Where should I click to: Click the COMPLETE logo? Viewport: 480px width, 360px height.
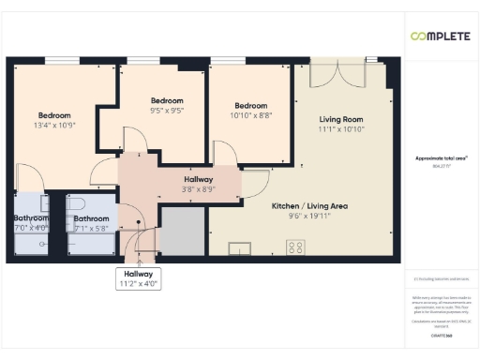(x=441, y=37)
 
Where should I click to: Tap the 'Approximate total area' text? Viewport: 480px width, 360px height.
(x=441, y=158)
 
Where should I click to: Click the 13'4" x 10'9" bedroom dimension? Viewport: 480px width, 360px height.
(x=54, y=125)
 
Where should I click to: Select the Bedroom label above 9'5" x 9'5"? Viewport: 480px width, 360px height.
(x=167, y=100)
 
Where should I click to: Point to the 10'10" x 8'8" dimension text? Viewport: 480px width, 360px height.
(x=250, y=115)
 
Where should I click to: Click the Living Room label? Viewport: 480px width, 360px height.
(x=341, y=119)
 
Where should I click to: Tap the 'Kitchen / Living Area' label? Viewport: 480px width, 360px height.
(x=304, y=205)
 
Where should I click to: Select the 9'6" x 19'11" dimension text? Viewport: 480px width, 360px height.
(x=304, y=215)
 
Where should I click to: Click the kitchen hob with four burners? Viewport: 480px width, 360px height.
(x=296, y=247)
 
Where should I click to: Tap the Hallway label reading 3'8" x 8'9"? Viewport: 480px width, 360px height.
(x=198, y=184)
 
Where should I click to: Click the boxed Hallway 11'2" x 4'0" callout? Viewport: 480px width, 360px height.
(x=132, y=278)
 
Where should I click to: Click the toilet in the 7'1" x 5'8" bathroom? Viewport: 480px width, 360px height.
(x=78, y=202)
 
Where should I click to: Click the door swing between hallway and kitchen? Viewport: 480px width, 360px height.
(x=251, y=185)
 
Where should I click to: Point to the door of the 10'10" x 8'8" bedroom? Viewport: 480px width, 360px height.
(x=225, y=152)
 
